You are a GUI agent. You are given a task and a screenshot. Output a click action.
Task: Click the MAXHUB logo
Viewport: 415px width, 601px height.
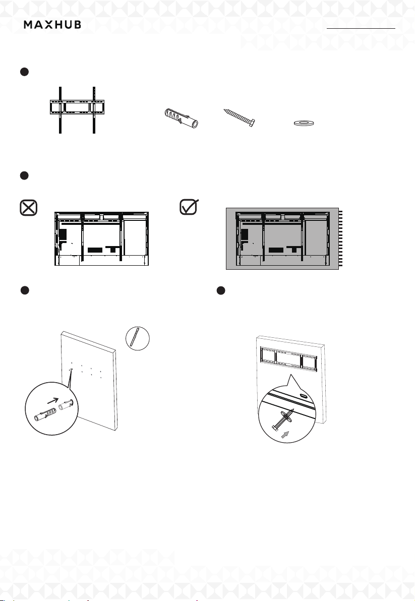coord(52,25)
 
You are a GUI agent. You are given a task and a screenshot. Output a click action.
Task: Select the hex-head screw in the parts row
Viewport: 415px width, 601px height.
coord(239,117)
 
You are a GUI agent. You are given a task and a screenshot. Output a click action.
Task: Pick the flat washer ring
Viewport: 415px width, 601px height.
coord(304,123)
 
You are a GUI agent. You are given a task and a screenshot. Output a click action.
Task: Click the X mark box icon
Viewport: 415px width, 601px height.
coord(29,207)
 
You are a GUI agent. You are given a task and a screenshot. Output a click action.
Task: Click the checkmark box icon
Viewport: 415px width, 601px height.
coord(189,207)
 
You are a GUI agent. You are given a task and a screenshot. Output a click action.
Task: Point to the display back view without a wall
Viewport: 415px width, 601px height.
coord(101,238)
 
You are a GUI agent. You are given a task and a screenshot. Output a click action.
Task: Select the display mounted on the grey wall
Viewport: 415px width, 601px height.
coord(283,239)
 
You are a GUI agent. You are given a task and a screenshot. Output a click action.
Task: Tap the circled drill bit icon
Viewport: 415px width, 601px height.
coord(138,338)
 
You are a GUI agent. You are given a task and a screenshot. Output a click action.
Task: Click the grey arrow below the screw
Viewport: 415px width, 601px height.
coord(285,434)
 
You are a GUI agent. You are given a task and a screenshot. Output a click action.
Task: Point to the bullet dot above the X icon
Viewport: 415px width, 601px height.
coord(24,175)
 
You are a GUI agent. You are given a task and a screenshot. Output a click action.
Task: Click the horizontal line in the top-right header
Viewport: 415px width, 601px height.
coord(361,28)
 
